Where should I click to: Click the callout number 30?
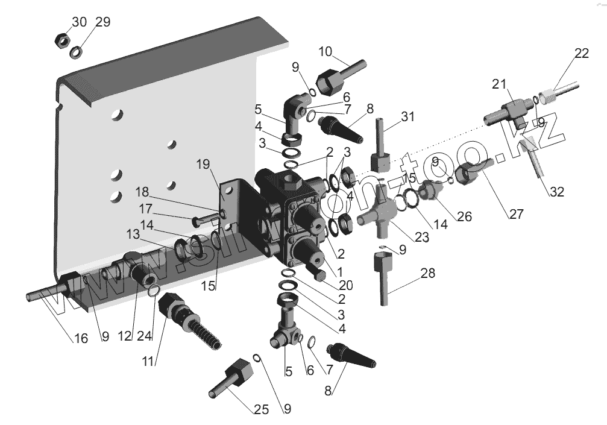(80, 22)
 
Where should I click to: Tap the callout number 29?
(103, 22)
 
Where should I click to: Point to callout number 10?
(326, 51)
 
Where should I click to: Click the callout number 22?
(581, 53)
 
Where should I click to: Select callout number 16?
(80, 339)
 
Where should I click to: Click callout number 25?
(260, 410)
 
